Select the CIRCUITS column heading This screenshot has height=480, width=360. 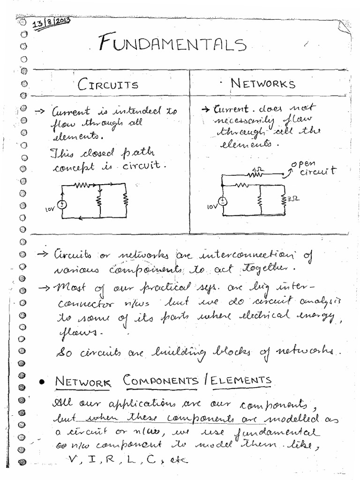click(108, 85)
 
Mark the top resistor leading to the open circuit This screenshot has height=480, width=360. click(255, 175)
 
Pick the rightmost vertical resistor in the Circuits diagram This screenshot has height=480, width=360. click(126, 201)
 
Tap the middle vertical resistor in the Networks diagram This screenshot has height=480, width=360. click(259, 201)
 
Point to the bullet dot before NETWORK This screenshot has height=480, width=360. click(42, 382)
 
